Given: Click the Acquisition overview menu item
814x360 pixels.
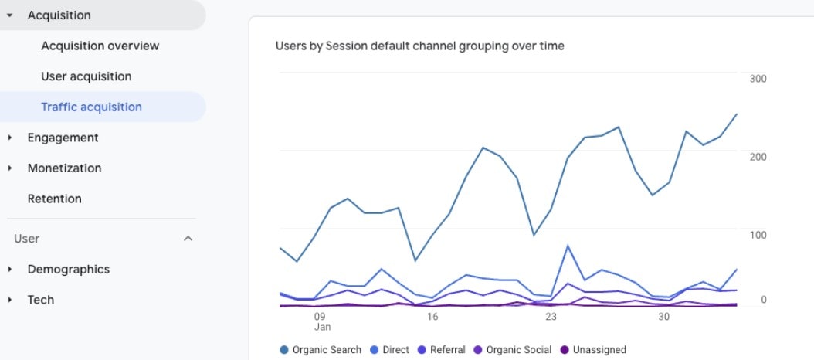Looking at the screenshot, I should click(x=100, y=46).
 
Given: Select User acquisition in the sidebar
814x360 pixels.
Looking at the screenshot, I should click(x=86, y=76).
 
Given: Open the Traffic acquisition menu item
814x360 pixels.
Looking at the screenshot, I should click(x=91, y=107).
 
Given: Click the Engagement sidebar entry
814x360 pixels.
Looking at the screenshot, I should click(x=63, y=138).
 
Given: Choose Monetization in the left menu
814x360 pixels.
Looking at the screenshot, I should click(x=64, y=168).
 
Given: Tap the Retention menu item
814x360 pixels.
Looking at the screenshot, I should click(x=54, y=199).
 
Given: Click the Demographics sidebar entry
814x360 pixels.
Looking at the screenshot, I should click(x=68, y=270).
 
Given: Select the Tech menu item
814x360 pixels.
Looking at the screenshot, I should click(x=40, y=300).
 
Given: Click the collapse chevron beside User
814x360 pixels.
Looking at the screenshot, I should click(x=187, y=239).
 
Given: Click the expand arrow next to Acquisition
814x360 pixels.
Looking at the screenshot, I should click(x=9, y=15).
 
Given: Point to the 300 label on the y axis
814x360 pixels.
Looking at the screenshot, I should click(x=757, y=79).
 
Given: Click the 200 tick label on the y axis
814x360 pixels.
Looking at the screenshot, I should click(x=757, y=157).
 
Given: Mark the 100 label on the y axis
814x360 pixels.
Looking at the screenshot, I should click(x=757, y=234).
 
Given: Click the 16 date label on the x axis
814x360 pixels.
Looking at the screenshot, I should click(x=432, y=317).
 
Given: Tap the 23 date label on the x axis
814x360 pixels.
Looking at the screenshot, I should click(x=551, y=317).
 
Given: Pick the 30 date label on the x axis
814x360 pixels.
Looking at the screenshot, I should click(x=663, y=317).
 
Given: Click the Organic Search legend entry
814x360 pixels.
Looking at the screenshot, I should click(x=326, y=350).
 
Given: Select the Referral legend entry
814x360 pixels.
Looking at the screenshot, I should click(x=447, y=350).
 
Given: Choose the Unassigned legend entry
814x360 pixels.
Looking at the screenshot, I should click(x=599, y=350).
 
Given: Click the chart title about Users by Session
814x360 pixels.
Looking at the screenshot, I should click(x=419, y=46).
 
